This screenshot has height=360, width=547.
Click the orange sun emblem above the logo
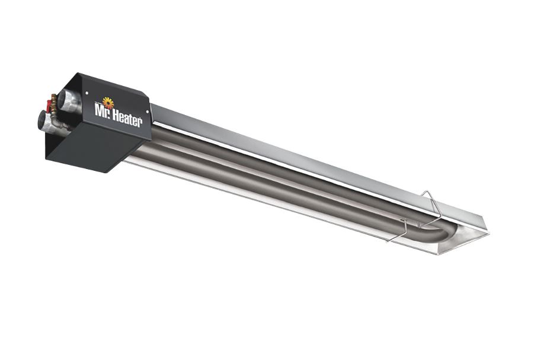[x=108, y=103]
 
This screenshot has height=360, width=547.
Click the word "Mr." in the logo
[x=103, y=110]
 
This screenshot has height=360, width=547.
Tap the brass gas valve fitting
[x=54, y=104]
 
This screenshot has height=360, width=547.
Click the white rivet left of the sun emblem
[x=86, y=93]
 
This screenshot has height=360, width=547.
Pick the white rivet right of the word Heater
[x=147, y=111]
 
